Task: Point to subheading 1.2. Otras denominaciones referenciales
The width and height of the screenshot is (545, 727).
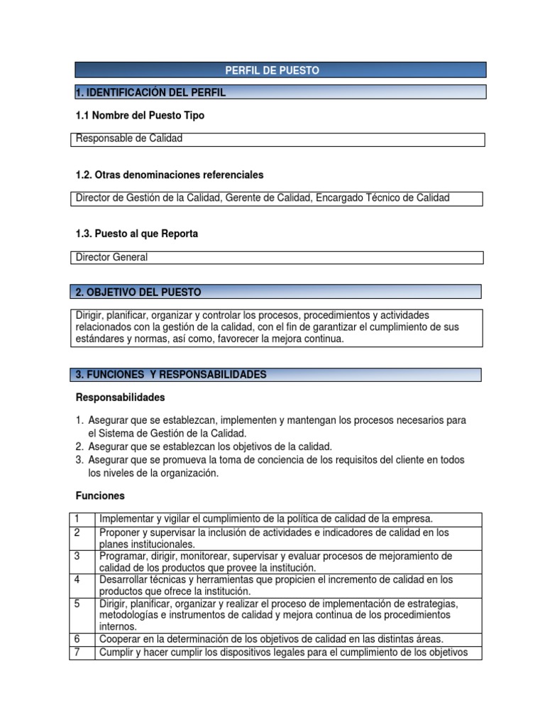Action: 169,175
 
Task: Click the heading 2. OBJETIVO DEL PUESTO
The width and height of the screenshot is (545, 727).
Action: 138,292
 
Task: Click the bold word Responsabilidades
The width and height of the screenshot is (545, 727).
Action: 120,397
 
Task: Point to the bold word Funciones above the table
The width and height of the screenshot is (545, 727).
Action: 99,495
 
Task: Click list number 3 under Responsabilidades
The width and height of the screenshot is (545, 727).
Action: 79,460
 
